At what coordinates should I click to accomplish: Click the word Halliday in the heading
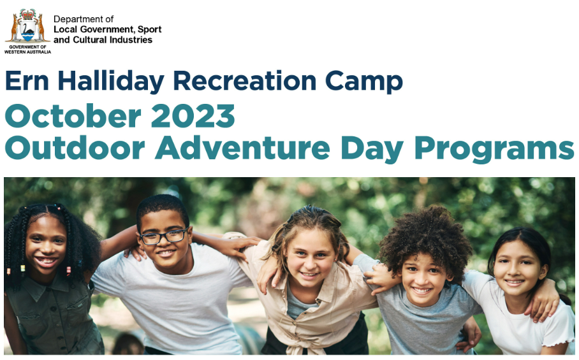(111, 82)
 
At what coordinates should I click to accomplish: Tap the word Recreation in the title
(244, 81)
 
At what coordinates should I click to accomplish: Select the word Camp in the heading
(363, 82)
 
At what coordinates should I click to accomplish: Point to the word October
(73, 115)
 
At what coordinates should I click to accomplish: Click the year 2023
(193, 116)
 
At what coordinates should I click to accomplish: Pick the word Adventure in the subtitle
(242, 148)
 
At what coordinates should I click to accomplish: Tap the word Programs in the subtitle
(494, 149)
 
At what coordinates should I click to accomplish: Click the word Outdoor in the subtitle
(75, 148)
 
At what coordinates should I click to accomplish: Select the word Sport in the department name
(150, 29)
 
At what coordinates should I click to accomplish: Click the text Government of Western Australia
(27, 50)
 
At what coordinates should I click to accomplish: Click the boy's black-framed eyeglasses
(164, 236)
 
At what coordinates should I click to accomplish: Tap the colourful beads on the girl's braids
(69, 271)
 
